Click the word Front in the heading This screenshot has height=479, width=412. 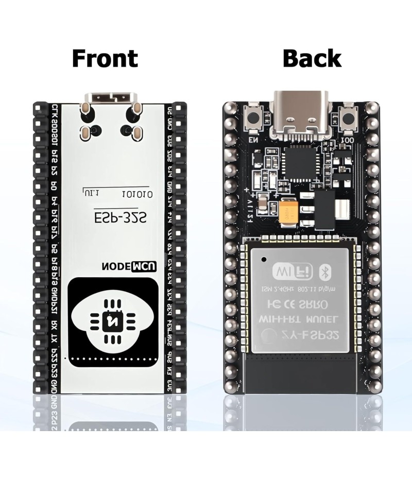[105, 58]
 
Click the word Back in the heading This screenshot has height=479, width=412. [312, 58]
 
